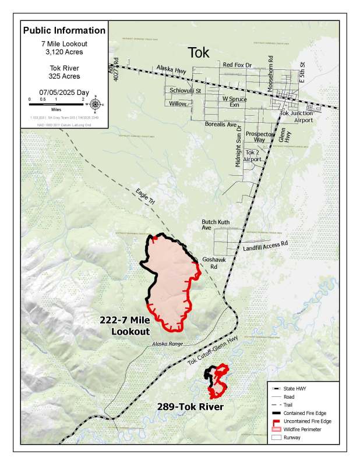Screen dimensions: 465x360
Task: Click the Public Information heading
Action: (x=64, y=30)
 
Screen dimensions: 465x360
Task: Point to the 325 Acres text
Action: (x=64, y=76)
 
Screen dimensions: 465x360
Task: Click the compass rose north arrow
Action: (x=96, y=105)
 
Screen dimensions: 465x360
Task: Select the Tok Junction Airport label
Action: (x=297, y=116)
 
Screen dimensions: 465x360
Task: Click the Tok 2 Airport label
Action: (x=252, y=155)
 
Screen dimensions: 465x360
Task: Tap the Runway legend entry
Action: (x=295, y=437)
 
